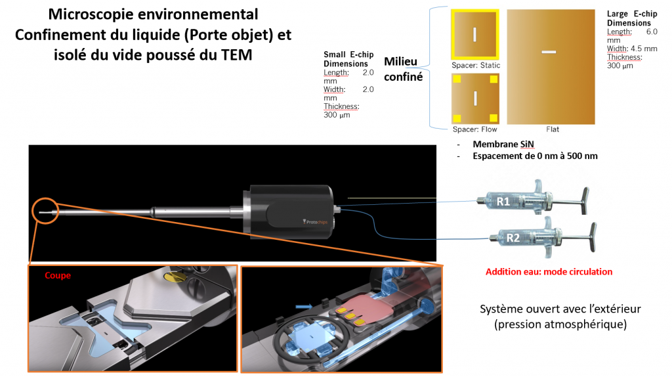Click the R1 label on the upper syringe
[503, 202]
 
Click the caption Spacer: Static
[476, 66]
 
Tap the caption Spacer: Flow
[474, 129]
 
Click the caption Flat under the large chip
[553, 129]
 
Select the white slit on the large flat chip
[549, 51]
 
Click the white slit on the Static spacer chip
[474, 34]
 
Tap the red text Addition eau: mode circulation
[549, 271]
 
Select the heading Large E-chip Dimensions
[632, 18]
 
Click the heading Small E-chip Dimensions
[346, 59]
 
